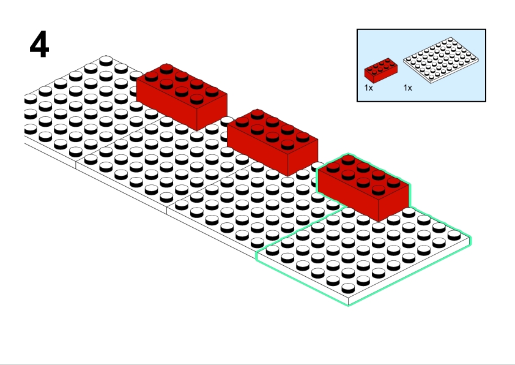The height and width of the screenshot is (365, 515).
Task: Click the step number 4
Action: (39, 44)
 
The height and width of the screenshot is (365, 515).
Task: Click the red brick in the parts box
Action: (381, 70)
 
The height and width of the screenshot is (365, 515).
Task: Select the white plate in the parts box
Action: (441, 60)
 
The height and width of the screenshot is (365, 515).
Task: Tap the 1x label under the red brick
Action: (369, 88)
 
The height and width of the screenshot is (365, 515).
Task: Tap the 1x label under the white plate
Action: (407, 88)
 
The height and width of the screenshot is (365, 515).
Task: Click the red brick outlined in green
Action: (363, 187)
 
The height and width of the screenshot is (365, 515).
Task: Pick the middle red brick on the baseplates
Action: (273, 142)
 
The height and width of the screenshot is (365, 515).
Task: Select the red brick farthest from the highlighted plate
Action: (182, 97)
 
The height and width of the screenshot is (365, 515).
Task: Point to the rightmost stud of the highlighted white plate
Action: (454, 235)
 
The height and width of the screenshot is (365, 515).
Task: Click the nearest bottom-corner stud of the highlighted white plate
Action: (348, 288)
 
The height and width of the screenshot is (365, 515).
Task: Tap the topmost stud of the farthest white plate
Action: (106, 61)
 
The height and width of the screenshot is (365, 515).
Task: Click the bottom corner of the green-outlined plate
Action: (349, 305)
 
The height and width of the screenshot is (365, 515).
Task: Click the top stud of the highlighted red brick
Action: (348, 159)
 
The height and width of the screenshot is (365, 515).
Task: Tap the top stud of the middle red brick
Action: (257, 114)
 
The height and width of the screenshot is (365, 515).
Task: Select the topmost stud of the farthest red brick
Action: (166, 69)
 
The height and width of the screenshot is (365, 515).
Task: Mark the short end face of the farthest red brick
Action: (212, 113)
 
